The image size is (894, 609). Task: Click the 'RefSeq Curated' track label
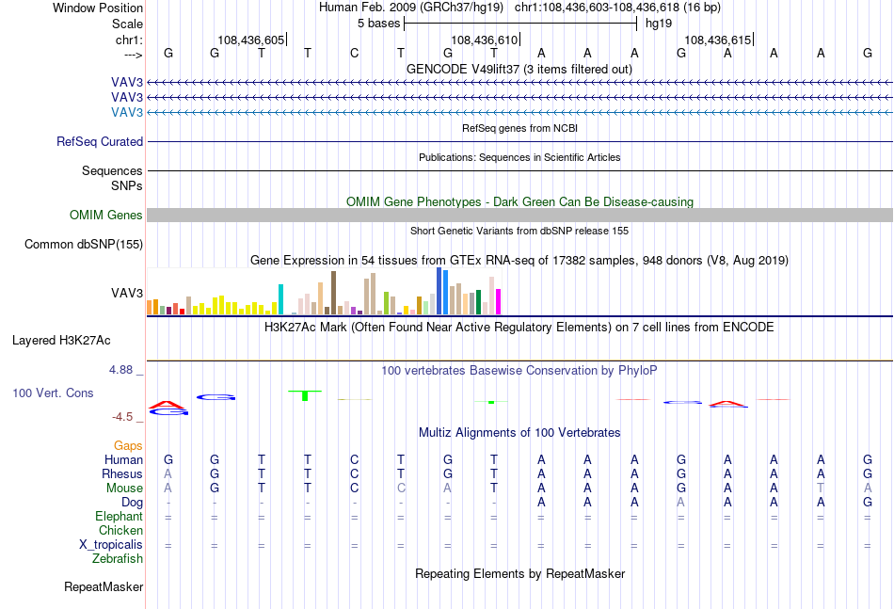[x=100, y=141]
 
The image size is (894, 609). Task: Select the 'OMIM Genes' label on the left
[x=106, y=215]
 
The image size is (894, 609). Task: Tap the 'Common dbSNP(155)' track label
[x=84, y=244]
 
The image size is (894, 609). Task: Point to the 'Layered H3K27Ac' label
[x=61, y=341]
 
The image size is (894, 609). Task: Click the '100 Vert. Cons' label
[x=53, y=393]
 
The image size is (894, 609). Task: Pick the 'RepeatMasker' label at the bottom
[x=104, y=586]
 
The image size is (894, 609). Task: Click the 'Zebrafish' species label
[x=118, y=559]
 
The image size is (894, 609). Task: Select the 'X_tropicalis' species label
[x=111, y=545]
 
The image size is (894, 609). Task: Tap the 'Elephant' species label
[x=120, y=516]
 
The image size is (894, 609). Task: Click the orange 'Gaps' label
[x=128, y=445]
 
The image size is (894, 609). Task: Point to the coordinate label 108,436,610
[x=484, y=40]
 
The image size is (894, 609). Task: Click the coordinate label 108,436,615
[x=718, y=40]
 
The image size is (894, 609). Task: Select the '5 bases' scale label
[x=379, y=24]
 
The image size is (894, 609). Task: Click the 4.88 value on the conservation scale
[x=120, y=370]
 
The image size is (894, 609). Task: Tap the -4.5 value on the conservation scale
[x=122, y=417]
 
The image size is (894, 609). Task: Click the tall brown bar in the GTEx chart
[x=333, y=293]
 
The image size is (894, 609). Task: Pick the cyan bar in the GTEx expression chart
[x=280, y=299]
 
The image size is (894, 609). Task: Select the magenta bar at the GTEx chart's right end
[x=499, y=301]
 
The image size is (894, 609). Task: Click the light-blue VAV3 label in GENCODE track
[x=127, y=112]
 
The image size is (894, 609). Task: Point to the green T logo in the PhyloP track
[x=305, y=395]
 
